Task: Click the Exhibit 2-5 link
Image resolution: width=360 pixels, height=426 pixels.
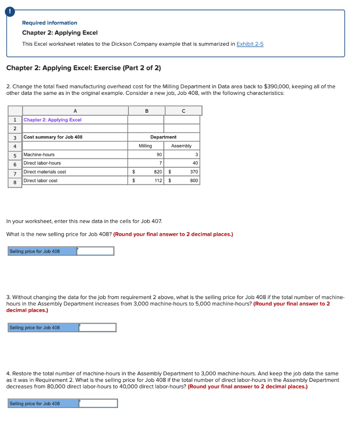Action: click(x=250, y=44)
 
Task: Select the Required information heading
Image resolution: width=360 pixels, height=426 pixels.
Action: click(x=49, y=23)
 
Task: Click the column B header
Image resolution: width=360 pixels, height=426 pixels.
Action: click(x=146, y=111)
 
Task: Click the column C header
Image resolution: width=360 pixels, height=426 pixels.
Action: click(x=183, y=111)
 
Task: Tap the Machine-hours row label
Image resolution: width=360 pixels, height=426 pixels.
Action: click(x=39, y=155)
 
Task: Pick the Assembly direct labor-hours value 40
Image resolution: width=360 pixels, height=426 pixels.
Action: click(x=195, y=163)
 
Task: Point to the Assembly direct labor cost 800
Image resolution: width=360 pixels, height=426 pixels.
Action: click(x=194, y=181)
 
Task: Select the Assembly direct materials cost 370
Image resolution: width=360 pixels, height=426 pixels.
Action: click(x=194, y=172)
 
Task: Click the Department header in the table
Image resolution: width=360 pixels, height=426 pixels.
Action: click(x=163, y=137)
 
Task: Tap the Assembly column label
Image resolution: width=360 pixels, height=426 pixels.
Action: click(x=182, y=146)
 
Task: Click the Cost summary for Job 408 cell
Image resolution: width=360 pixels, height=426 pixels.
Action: click(x=53, y=137)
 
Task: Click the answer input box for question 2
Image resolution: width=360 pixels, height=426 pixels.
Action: click(x=95, y=251)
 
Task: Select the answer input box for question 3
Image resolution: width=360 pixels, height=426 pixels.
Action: click(x=97, y=328)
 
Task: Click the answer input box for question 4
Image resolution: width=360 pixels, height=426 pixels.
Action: click(x=98, y=404)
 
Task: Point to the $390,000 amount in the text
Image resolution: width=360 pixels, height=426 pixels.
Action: click(x=277, y=87)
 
